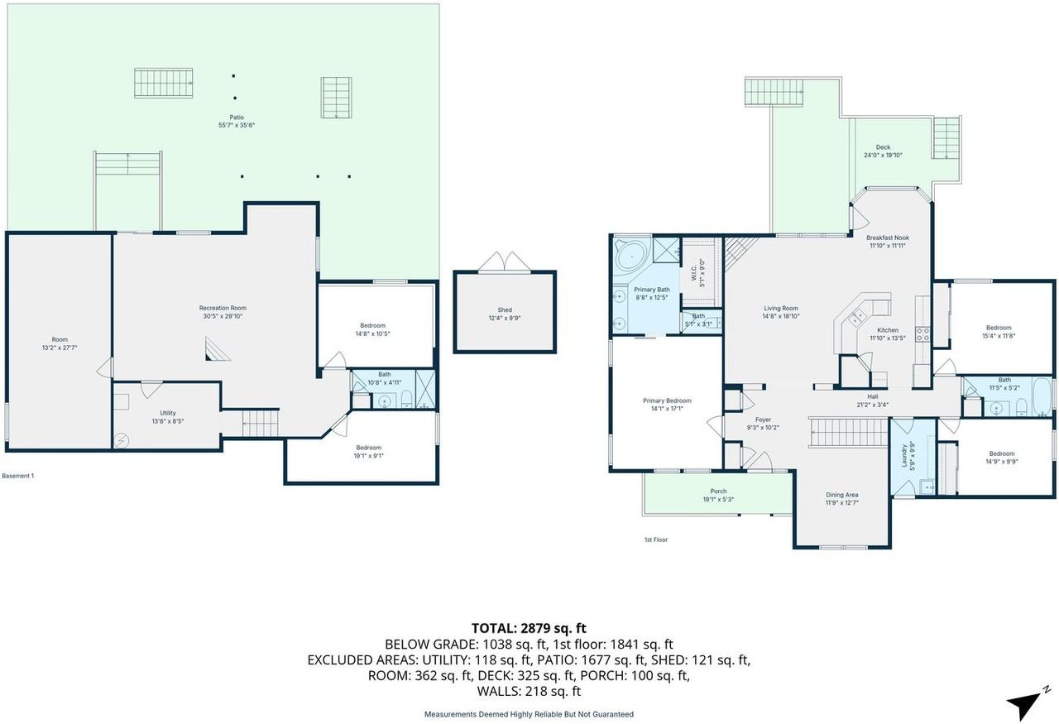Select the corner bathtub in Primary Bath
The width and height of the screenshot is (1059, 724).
(x=630, y=257)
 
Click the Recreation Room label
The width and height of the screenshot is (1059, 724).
(x=223, y=308)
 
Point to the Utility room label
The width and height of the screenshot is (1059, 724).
(x=168, y=413)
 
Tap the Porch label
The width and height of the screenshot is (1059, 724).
(x=718, y=491)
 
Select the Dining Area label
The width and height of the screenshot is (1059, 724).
(x=841, y=494)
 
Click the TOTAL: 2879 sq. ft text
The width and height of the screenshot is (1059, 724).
(x=529, y=628)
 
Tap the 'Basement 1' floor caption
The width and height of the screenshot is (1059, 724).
(x=18, y=476)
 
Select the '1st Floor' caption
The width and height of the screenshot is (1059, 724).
(x=655, y=539)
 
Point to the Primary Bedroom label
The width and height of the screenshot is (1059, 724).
(x=667, y=400)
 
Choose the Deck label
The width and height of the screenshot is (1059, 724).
(x=883, y=147)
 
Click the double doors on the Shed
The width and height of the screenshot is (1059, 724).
(x=505, y=262)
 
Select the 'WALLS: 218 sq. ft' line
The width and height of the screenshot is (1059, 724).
(x=529, y=691)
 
